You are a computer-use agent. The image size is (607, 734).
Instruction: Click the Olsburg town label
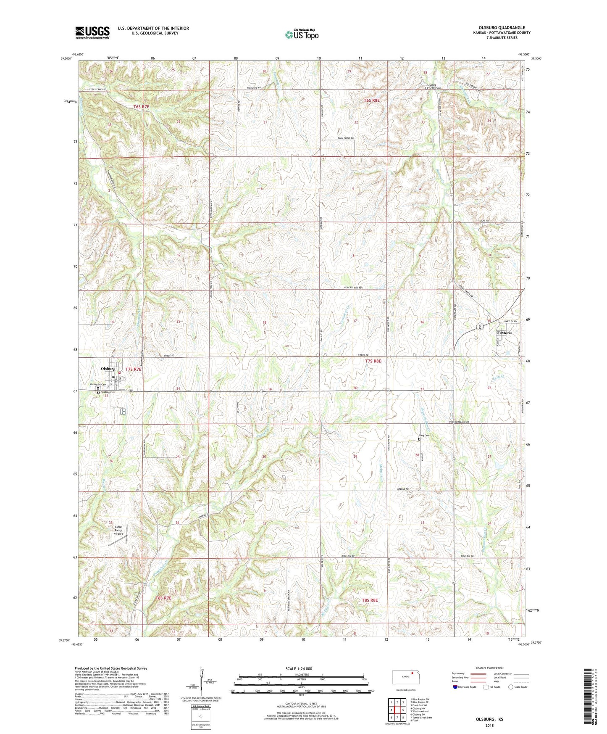pos(108,369)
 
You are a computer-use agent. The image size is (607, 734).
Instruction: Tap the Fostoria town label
pos(505,333)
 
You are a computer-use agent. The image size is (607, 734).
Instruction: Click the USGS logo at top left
pos(92,32)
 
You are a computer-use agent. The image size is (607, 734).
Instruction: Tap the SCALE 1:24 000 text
pos(299,668)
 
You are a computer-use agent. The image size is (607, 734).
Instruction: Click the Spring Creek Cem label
pos(435,86)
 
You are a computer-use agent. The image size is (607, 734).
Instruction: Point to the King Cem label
pos(424,436)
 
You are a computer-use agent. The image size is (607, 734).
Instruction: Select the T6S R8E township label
pos(372,100)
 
